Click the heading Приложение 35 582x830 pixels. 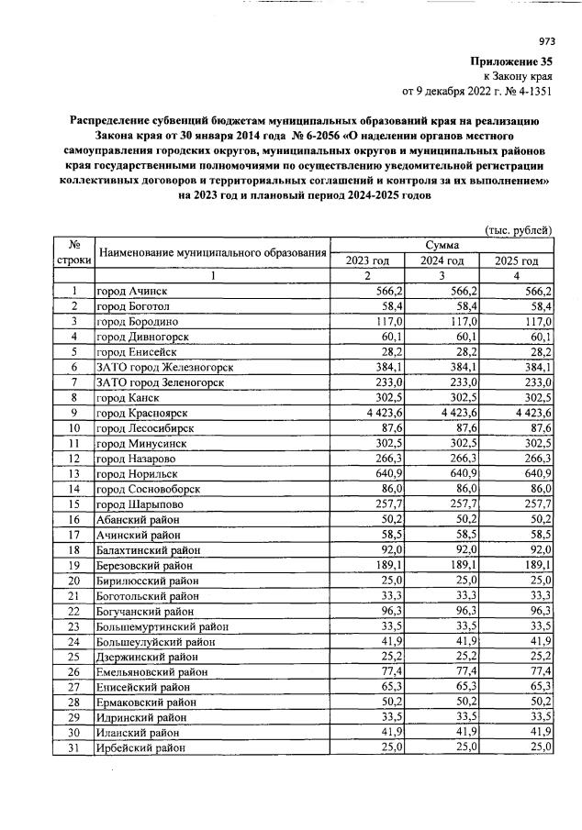click(512, 61)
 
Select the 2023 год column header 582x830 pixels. click(366, 260)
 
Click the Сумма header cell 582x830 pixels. click(441, 245)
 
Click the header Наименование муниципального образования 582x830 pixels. click(212, 252)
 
